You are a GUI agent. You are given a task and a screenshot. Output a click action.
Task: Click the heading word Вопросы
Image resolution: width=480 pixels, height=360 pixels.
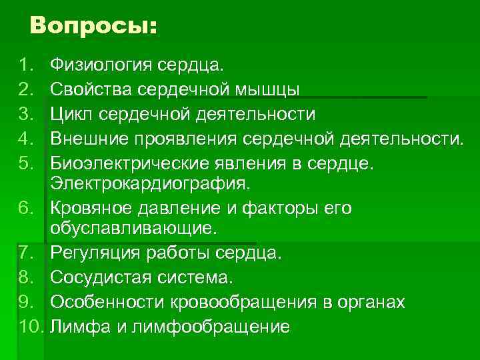pyautogui.click(x=93, y=26)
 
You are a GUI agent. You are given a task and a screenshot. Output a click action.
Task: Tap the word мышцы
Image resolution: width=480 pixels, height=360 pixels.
pyautogui.click(x=273, y=90)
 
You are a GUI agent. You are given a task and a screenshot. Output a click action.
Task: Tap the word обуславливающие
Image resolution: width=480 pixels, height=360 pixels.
pyautogui.click(x=133, y=229)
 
